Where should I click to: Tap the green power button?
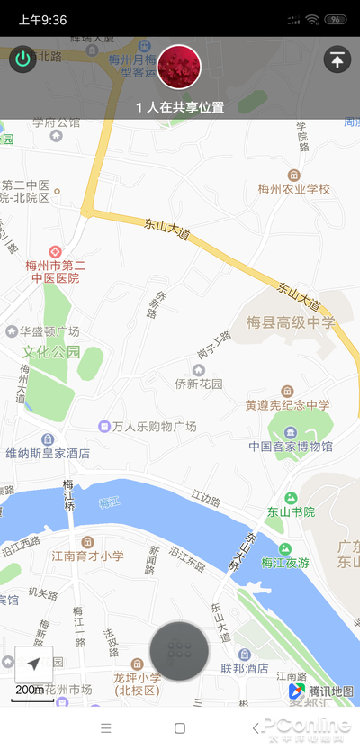22,60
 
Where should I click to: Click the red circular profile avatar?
179,66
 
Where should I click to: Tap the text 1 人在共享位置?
180,107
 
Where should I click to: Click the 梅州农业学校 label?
294,189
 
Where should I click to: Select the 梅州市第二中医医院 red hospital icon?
55,251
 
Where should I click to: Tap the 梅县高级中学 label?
291,321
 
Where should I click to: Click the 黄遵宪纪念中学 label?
287,405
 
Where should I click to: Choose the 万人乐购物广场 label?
148,426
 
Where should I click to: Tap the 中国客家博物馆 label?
291,446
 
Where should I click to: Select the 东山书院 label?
291,511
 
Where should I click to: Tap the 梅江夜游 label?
284,563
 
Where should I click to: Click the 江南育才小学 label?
87,556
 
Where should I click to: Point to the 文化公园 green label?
51,351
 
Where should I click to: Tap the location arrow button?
33,664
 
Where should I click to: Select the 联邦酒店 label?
245,668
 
